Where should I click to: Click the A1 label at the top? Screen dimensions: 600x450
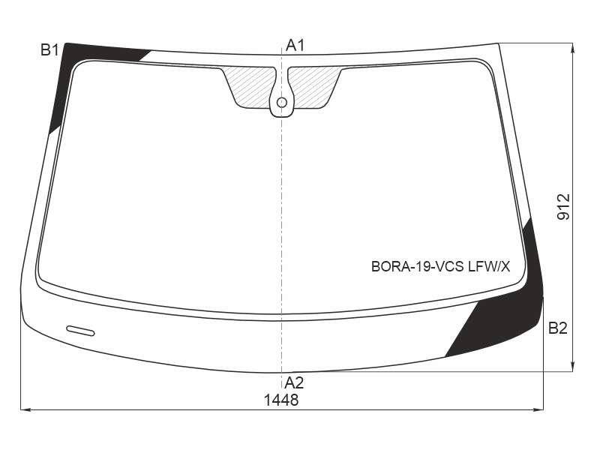pyautogui.click(x=295, y=46)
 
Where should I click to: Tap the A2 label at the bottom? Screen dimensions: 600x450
pyautogui.click(x=294, y=382)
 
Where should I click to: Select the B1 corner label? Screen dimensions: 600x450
pyautogui.click(x=49, y=50)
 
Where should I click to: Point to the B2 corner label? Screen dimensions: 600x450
pyautogui.click(x=557, y=328)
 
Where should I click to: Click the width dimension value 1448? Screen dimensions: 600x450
pyautogui.click(x=281, y=400)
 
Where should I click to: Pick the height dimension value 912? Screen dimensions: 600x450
pyautogui.click(x=563, y=207)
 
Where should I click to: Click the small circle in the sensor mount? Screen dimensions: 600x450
pyautogui.click(x=282, y=103)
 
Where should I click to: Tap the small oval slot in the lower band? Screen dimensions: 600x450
pyautogui.click(x=80, y=331)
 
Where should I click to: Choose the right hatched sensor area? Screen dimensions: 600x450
pyautogui.click(x=313, y=87)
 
